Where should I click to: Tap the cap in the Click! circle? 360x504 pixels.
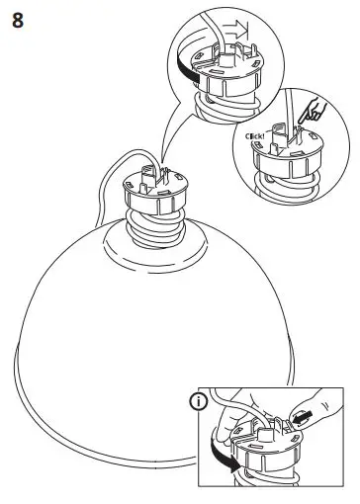click(279, 155)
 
